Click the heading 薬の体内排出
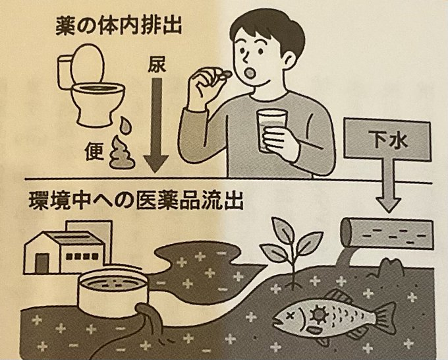[x=119, y=26]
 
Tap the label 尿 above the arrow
[x=157, y=66]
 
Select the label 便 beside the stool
[x=94, y=151]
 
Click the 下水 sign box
[x=387, y=140]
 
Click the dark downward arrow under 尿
[x=156, y=125]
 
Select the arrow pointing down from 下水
[x=387, y=186]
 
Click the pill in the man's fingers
[x=227, y=74]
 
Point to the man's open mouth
[x=251, y=73]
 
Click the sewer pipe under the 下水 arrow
[x=386, y=232]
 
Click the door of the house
[x=42, y=263]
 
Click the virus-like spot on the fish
[x=318, y=313]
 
